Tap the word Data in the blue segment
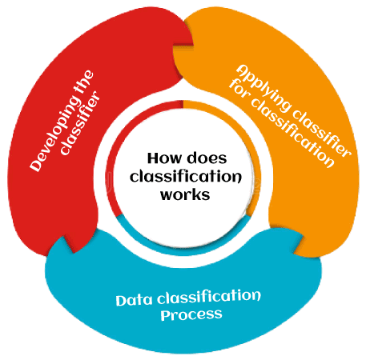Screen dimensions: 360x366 [135, 301]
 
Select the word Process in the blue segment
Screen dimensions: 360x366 [191, 314]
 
